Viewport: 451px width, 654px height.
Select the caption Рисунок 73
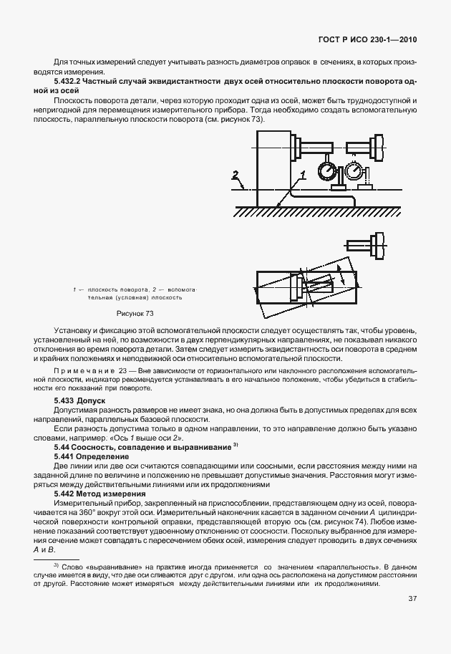pos(135,313)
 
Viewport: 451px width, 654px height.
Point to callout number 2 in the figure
pos(234,174)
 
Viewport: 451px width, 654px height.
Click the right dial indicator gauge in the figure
pos(352,172)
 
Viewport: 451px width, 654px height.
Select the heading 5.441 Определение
pos(92,456)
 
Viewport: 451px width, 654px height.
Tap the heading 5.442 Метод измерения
pos(100,494)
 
